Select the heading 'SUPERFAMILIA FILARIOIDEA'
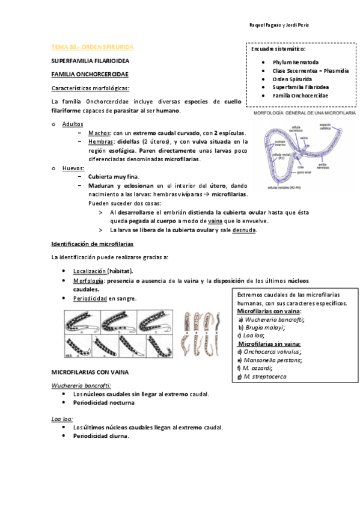pyautogui.click(x=90, y=61)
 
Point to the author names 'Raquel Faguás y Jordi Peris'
pyautogui.click(x=278, y=25)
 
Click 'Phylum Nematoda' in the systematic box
pyautogui.click(x=296, y=62)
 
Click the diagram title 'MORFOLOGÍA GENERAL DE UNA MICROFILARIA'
pyautogui.click(x=304, y=112)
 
